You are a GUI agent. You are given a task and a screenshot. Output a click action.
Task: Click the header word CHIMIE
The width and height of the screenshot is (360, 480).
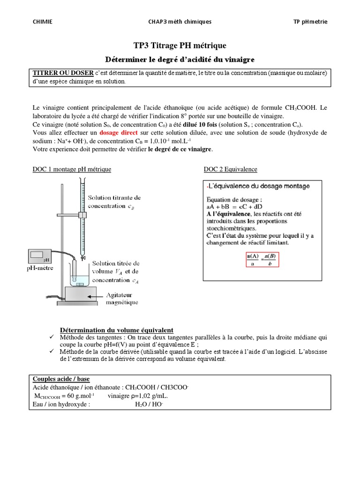(x=42, y=22)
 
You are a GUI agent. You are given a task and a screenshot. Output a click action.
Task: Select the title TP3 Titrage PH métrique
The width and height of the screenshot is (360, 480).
(x=180, y=45)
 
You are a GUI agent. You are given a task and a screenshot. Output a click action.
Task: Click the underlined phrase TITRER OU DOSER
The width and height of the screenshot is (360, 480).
(x=62, y=73)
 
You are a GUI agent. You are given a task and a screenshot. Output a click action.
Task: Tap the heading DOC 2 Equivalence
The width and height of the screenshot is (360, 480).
(x=230, y=169)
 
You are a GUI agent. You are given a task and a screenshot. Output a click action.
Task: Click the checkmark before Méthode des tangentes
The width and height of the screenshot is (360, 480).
(x=52, y=337)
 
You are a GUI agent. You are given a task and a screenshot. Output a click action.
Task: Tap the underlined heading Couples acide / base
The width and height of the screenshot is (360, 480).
(x=61, y=378)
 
